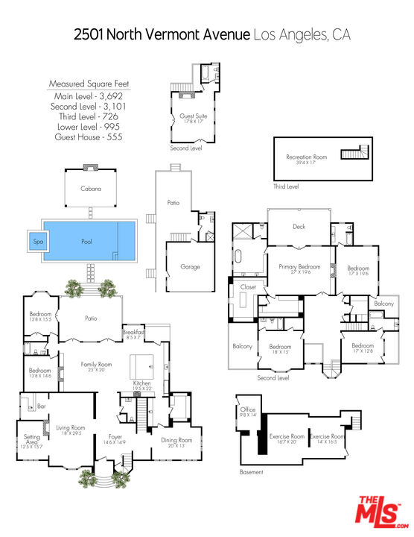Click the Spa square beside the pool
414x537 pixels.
[x=37, y=242]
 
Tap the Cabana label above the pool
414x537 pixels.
[x=91, y=189]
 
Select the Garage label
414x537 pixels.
[x=191, y=266]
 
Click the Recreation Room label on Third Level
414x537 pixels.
[x=307, y=157]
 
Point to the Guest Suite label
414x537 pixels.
[x=191, y=117]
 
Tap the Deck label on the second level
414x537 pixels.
[x=299, y=226]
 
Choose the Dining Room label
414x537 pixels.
[x=176, y=440]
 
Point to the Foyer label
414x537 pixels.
[x=114, y=438]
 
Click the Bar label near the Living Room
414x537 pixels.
[x=42, y=406]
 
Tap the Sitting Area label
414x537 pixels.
[x=32, y=439]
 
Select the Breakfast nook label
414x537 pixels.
[x=133, y=333]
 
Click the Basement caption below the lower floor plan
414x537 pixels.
[x=251, y=472]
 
